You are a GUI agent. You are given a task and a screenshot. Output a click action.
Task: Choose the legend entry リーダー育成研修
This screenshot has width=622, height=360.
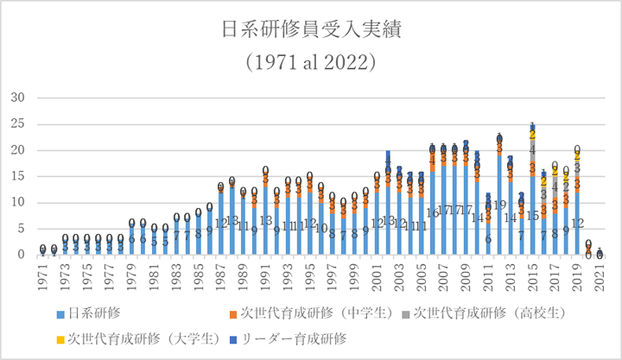click(294, 338)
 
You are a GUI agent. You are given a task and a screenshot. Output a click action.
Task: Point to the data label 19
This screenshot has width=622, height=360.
click(499, 205)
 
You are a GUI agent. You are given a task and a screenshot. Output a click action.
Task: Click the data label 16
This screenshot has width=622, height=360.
click(433, 213)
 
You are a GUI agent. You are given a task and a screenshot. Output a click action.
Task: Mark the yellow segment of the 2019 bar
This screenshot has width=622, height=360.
click(577, 157)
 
